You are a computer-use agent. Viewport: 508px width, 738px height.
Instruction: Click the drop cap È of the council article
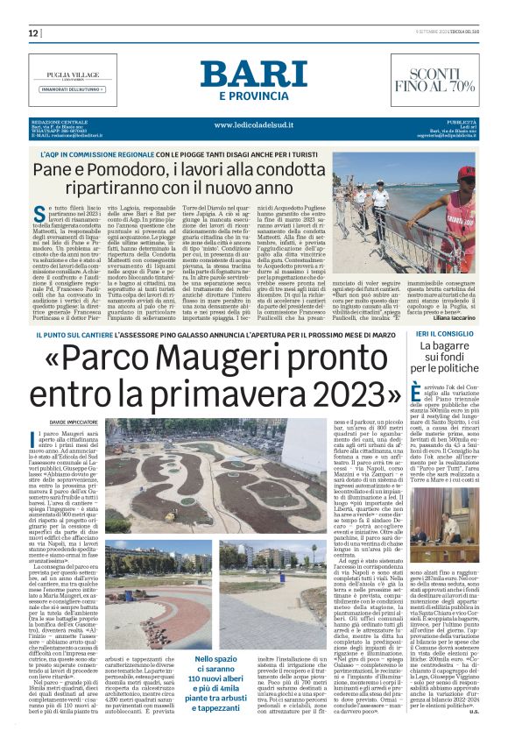(x=418, y=394)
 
